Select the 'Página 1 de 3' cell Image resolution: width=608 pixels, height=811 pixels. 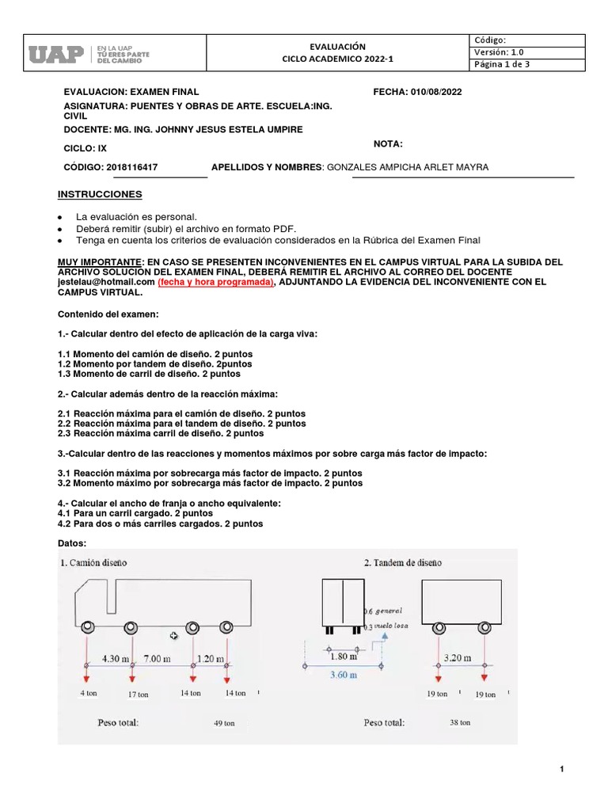(x=502, y=65)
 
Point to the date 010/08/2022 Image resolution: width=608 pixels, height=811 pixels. (x=435, y=92)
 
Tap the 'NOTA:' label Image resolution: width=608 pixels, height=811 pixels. (x=388, y=143)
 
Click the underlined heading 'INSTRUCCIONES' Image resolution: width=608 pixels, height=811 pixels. (x=100, y=194)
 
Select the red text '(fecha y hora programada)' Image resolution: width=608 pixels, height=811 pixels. (x=215, y=281)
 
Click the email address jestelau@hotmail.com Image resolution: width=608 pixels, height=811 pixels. (x=107, y=281)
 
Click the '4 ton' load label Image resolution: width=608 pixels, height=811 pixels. (x=88, y=692)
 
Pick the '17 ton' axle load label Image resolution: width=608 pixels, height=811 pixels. (x=137, y=694)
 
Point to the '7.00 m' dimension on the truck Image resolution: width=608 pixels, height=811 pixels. (x=156, y=658)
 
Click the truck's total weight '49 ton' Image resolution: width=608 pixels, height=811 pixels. (x=224, y=722)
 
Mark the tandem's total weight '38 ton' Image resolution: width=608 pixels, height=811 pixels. (x=459, y=722)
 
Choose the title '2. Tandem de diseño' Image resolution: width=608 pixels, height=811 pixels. (x=403, y=562)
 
